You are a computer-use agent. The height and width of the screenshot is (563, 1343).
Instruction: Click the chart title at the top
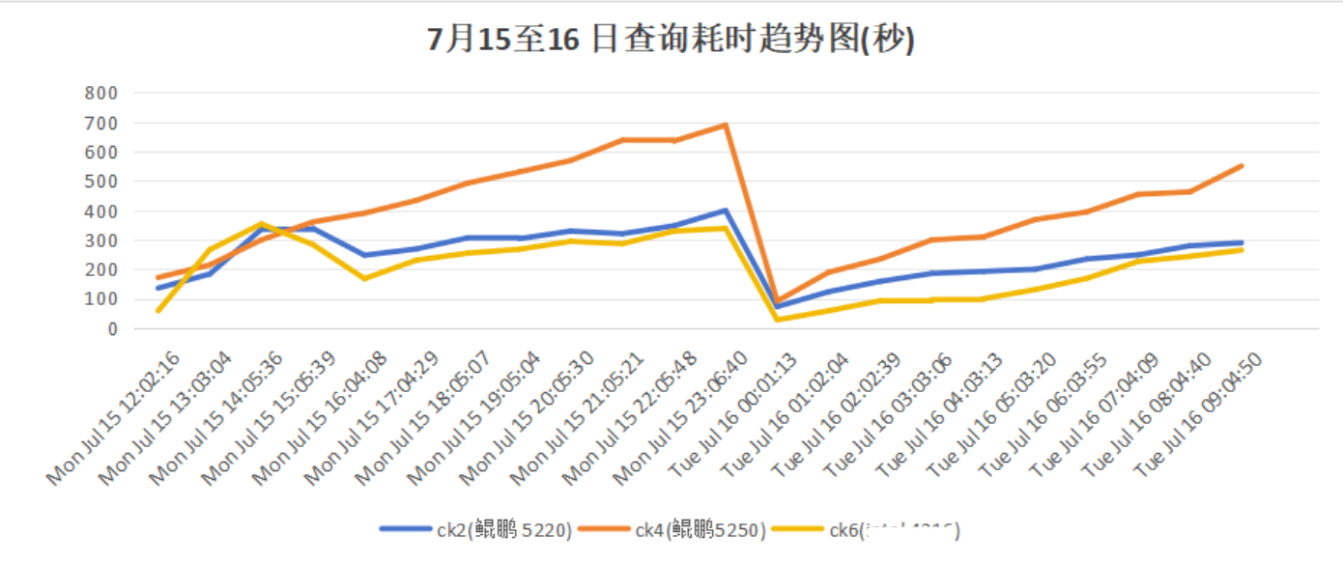click(x=671, y=40)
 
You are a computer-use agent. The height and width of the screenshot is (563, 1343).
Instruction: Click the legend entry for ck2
click(x=476, y=529)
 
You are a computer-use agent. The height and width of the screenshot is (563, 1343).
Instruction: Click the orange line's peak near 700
click(x=725, y=125)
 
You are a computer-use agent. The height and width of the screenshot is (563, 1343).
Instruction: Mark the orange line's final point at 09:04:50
click(x=1242, y=165)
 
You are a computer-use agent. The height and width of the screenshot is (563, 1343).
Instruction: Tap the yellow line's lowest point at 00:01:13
click(x=777, y=320)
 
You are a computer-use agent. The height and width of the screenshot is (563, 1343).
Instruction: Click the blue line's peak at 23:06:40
click(x=725, y=210)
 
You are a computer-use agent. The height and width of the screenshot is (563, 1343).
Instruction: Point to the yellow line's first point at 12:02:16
click(x=157, y=311)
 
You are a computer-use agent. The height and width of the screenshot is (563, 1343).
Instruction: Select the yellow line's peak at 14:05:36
click(x=260, y=224)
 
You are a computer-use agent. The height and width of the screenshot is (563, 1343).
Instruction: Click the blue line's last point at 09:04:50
click(x=1242, y=242)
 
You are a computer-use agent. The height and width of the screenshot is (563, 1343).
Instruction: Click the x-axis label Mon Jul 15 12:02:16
click(x=116, y=415)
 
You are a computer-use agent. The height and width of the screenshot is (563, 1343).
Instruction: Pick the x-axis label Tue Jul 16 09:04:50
click(x=1201, y=415)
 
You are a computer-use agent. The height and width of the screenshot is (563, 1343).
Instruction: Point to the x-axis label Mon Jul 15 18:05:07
click(x=425, y=415)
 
